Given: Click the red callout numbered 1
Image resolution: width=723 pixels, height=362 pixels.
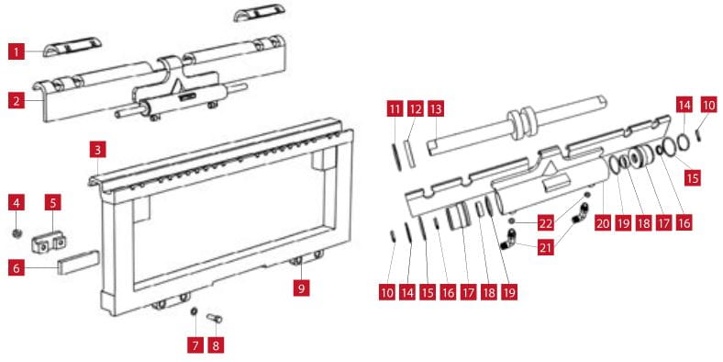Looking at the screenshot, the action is (x=17, y=51).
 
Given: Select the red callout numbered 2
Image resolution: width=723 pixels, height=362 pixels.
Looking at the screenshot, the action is (x=17, y=100).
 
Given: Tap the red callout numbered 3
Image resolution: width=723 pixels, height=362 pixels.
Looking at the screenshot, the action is (x=98, y=150).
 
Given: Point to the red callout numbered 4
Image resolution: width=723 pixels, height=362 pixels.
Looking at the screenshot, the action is (x=17, y=203).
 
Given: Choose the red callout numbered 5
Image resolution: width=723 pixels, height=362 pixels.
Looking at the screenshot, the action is (x=52, y=203).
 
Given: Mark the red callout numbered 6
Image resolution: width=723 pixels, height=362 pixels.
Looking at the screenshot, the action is (x=17, y=267).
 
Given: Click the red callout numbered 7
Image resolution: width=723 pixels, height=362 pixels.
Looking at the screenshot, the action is (x=195, y=345).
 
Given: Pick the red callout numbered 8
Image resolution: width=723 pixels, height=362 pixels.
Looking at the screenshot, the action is (x=216, y=345).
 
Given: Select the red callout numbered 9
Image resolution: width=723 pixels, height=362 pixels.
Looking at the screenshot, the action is (x=301, y=288).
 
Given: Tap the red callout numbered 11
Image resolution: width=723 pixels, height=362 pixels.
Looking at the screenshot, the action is (x=395, y=109).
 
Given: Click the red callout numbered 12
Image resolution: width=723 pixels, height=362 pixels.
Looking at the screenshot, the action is (x=416, y=109).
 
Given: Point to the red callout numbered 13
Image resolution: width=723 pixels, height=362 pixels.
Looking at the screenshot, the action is (x=436, y=109).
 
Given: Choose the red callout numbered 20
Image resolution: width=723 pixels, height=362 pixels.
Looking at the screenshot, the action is (x=602, y=223).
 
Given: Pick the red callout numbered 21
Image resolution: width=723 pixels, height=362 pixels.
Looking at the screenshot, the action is (x=546, y=247).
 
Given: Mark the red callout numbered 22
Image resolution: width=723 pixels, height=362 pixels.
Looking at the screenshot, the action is (x=546, y=223).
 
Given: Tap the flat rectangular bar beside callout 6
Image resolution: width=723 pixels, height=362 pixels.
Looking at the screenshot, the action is (x=78, y=263).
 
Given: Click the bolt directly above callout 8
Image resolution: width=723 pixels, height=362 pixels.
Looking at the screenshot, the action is (x=215, y=318).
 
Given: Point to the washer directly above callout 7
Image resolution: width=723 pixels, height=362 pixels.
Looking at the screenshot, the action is (x=195, y=311).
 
